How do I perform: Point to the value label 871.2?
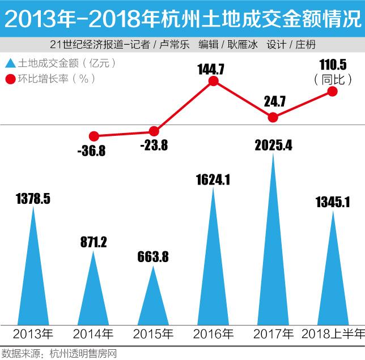pyautogui.click(x=94, y=242)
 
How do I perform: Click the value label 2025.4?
pyautogui.click(x=273, y=145)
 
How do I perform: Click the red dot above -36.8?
pyautogui.click(x=95, y=136)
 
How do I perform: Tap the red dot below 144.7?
pyautogui.click(x=213, y=82)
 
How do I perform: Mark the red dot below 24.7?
pyautogui.click(x=273, y=118)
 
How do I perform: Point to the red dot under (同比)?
pyautogui.click(x=333, y=92)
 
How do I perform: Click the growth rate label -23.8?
pyautogui.click(x=153, y=145)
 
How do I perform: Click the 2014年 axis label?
pyautogui.click(x=94, y=333)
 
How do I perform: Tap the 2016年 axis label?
pyautogui.click(x=213, y=333)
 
